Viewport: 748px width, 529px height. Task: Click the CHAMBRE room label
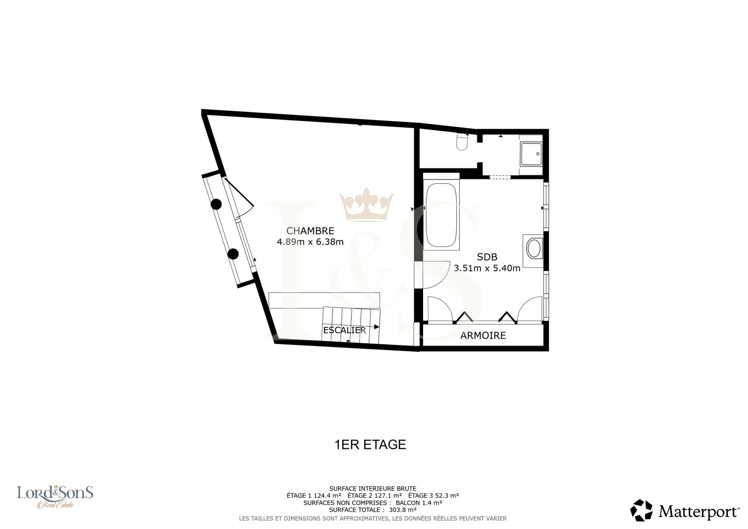310,231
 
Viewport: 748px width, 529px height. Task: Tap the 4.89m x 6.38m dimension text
310,242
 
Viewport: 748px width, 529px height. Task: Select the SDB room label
487,257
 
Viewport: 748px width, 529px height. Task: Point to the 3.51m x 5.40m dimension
487,268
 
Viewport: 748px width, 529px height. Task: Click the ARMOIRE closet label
483,335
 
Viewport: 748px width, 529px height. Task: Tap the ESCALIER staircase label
345,330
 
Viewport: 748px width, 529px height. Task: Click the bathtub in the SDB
441,215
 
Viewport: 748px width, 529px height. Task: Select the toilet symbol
462,142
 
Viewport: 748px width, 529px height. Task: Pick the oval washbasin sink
533,249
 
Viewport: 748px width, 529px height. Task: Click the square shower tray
531,154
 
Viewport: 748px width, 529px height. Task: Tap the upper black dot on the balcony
216,204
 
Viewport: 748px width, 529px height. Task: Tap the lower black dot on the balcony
233,254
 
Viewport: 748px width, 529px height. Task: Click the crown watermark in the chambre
367,204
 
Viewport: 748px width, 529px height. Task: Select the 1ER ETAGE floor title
370,444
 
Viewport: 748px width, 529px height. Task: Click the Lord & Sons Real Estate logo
55,497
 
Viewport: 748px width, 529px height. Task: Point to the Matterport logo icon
641,510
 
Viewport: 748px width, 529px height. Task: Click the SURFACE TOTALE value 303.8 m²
403,510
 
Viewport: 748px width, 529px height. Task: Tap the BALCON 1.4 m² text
419,503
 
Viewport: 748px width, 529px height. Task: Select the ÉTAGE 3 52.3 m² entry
433,496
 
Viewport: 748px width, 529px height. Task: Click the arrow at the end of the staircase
376,327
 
